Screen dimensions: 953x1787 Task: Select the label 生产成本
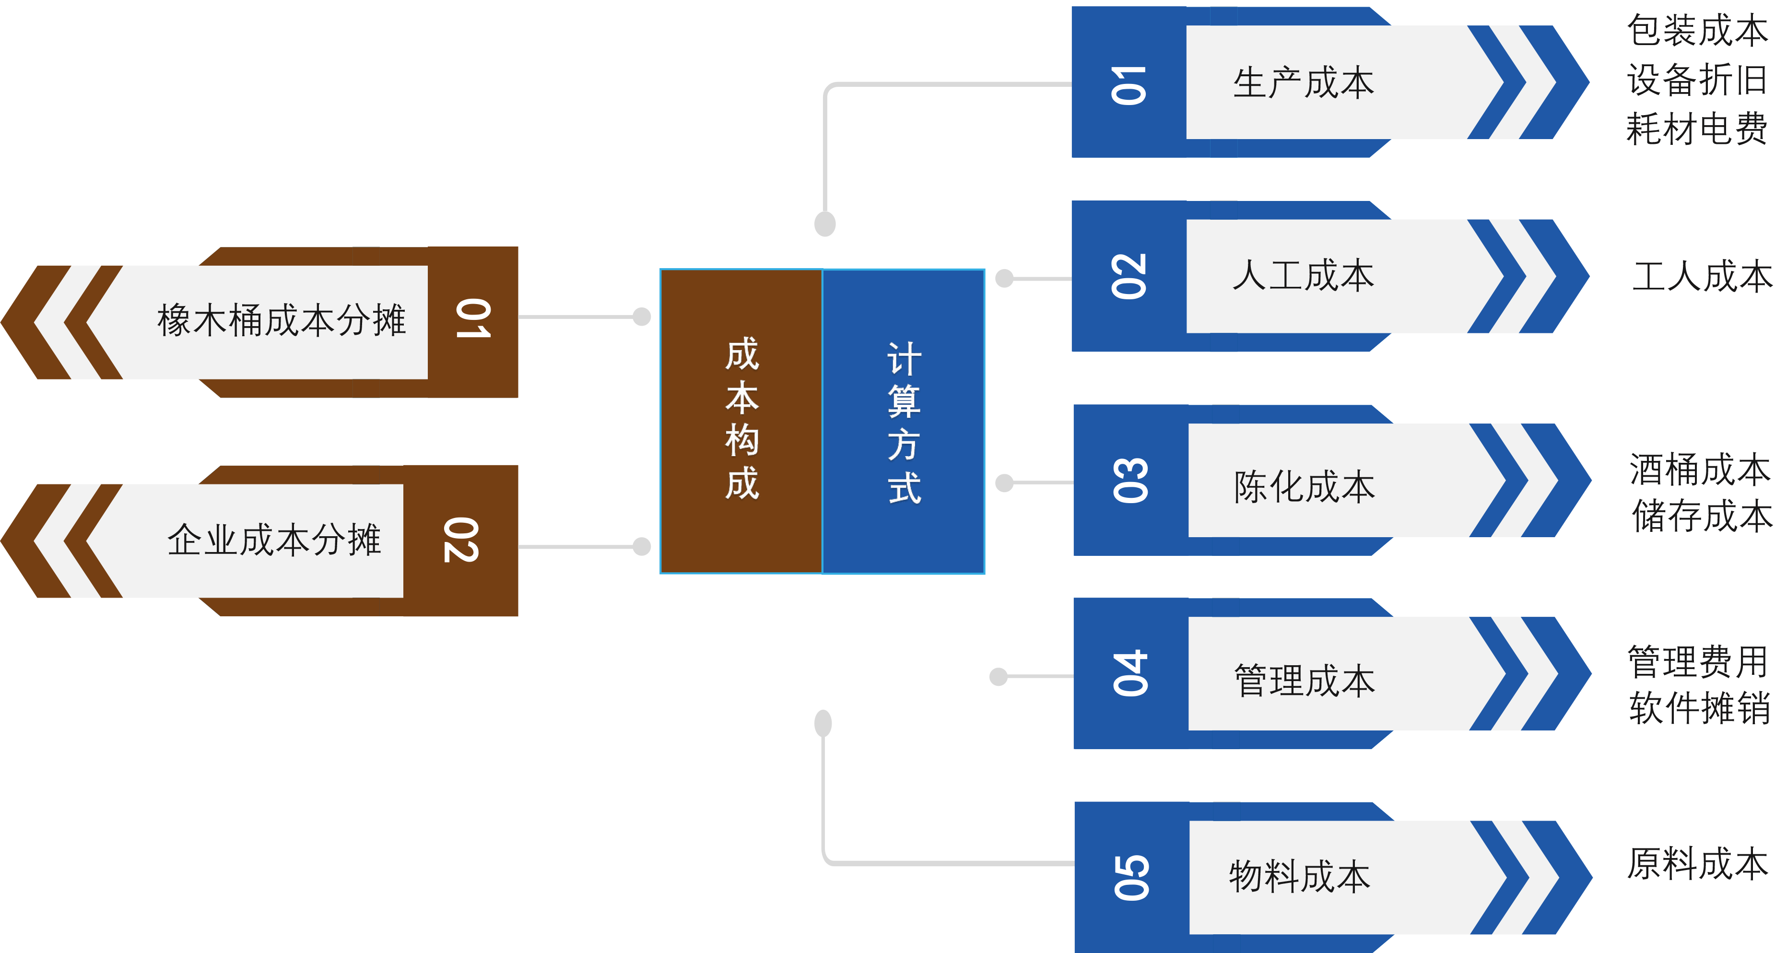[x=1303, y=83]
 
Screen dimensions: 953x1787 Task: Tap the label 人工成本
[x=1303, y=276]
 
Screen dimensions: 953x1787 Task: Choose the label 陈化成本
[x=1304, y=487]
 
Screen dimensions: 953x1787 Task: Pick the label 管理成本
[x=1304, y=681]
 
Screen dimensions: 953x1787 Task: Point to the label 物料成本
[x=1299, y=877]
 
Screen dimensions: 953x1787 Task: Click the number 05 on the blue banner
[x=1131, y=877]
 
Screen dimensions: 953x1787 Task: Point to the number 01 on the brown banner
[x=473, y=319]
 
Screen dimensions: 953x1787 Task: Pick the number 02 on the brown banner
[x=461, y=540]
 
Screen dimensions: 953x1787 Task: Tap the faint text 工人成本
[x=1702, y=277]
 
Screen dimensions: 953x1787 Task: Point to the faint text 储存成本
[x=1702, y=517]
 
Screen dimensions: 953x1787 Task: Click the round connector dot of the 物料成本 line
[x=823, y=723]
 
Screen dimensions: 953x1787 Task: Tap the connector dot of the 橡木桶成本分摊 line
[x=642, y=317]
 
